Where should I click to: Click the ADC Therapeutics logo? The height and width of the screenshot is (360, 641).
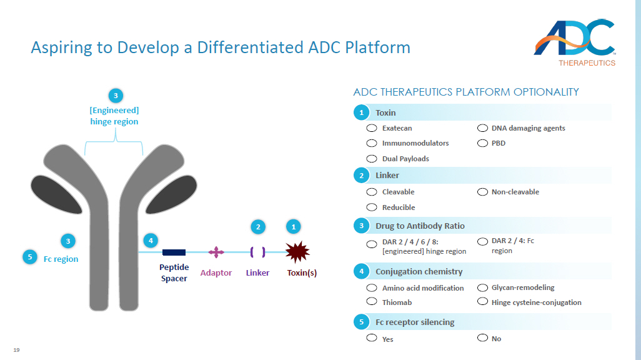(575, 42)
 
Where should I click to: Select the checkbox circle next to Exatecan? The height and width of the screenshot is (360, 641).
(372, 128)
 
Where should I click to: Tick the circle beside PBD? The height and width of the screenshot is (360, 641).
(482, 143)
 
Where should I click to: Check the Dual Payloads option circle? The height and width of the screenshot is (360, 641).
(372, 159)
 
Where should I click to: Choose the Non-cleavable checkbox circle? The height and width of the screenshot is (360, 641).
(482, 192)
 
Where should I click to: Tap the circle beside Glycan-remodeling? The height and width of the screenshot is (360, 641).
(482, 287)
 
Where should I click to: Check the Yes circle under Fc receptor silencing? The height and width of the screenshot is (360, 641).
(372, 338)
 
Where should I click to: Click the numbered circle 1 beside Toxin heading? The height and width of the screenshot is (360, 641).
(361, 113)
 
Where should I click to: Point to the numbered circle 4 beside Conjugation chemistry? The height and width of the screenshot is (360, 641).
(361, 271)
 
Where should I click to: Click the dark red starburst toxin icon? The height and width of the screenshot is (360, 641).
(297, 251)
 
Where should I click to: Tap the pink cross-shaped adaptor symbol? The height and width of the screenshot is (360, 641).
(216, 252)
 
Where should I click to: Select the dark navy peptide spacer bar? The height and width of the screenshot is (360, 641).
(174, 252)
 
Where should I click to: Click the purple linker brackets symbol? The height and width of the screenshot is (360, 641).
(257, 252)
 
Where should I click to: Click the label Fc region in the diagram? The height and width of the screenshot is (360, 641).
(61, 259)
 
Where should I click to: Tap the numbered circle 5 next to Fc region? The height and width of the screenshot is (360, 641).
(29, 256)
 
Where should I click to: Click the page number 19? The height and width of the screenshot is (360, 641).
(16, 349)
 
